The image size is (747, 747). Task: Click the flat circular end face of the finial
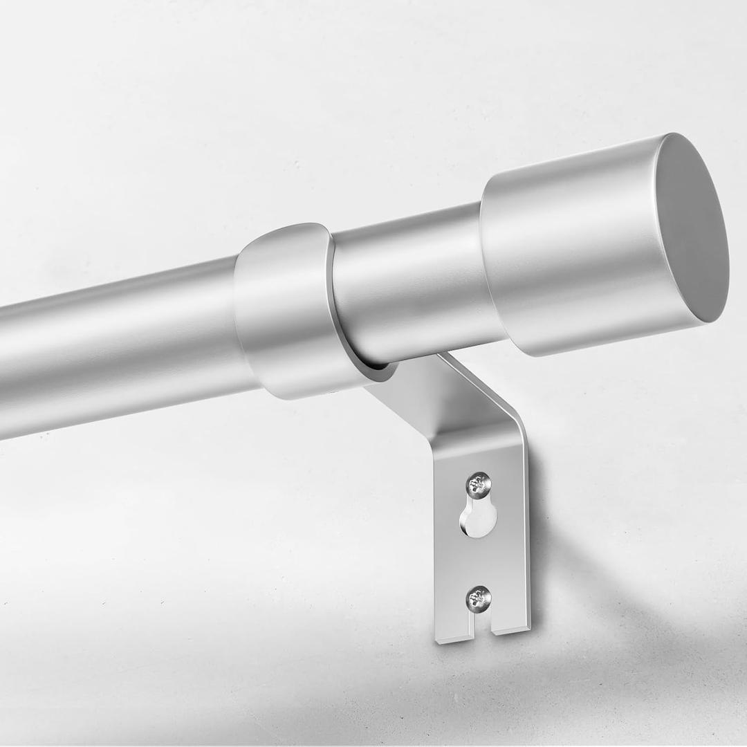tap(692, 228)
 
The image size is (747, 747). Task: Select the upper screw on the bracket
tap(479, 484)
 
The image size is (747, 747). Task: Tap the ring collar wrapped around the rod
tap(284, 311)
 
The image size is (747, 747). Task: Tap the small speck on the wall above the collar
tap(295, 164)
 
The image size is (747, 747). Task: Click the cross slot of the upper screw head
tap(479, 484)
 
